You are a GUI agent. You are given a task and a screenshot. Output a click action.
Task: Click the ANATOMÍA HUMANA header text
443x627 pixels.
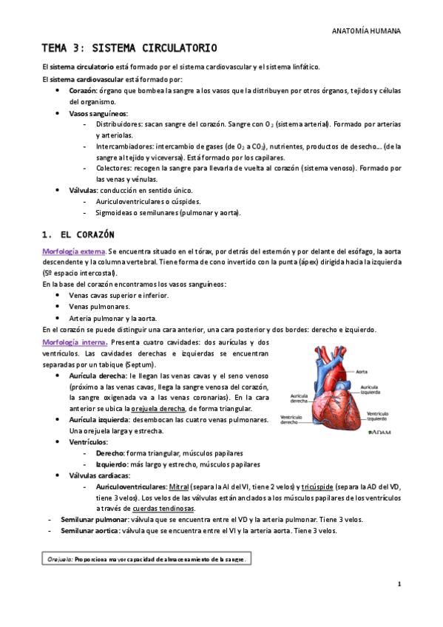click(367, 32)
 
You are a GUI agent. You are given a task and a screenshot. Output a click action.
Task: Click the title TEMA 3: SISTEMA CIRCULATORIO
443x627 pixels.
click(129, 49)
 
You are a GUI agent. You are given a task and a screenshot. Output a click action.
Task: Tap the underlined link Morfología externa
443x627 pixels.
click(74, 252)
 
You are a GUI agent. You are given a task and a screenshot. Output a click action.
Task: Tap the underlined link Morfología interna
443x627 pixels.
click(75, 342)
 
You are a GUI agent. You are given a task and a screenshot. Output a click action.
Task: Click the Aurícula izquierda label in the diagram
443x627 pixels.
click(371, 389)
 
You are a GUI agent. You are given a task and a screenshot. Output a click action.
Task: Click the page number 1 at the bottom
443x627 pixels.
click(399, 584)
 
